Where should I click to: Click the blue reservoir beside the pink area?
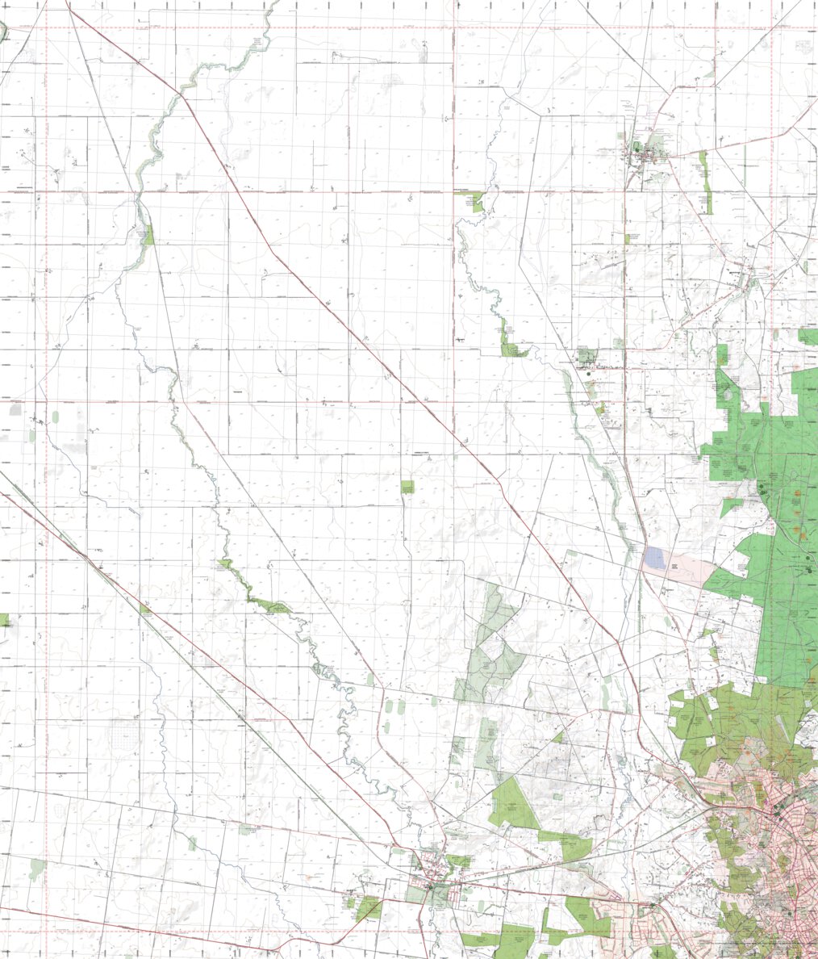pyautogui.click(x=656, y=558)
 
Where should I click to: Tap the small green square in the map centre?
pyautogui.click(x=407, y=488)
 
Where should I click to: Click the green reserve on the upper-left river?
pyautogui.click(x=148, y=235)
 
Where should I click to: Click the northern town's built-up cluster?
pyautogui.click(x=643, y=153)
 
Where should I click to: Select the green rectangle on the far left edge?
pyautogui.click(x=4, y=620)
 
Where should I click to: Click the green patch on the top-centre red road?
pyautogui.click(x=478, y=202)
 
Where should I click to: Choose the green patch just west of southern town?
pyautogui.click(x=369, y=907)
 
